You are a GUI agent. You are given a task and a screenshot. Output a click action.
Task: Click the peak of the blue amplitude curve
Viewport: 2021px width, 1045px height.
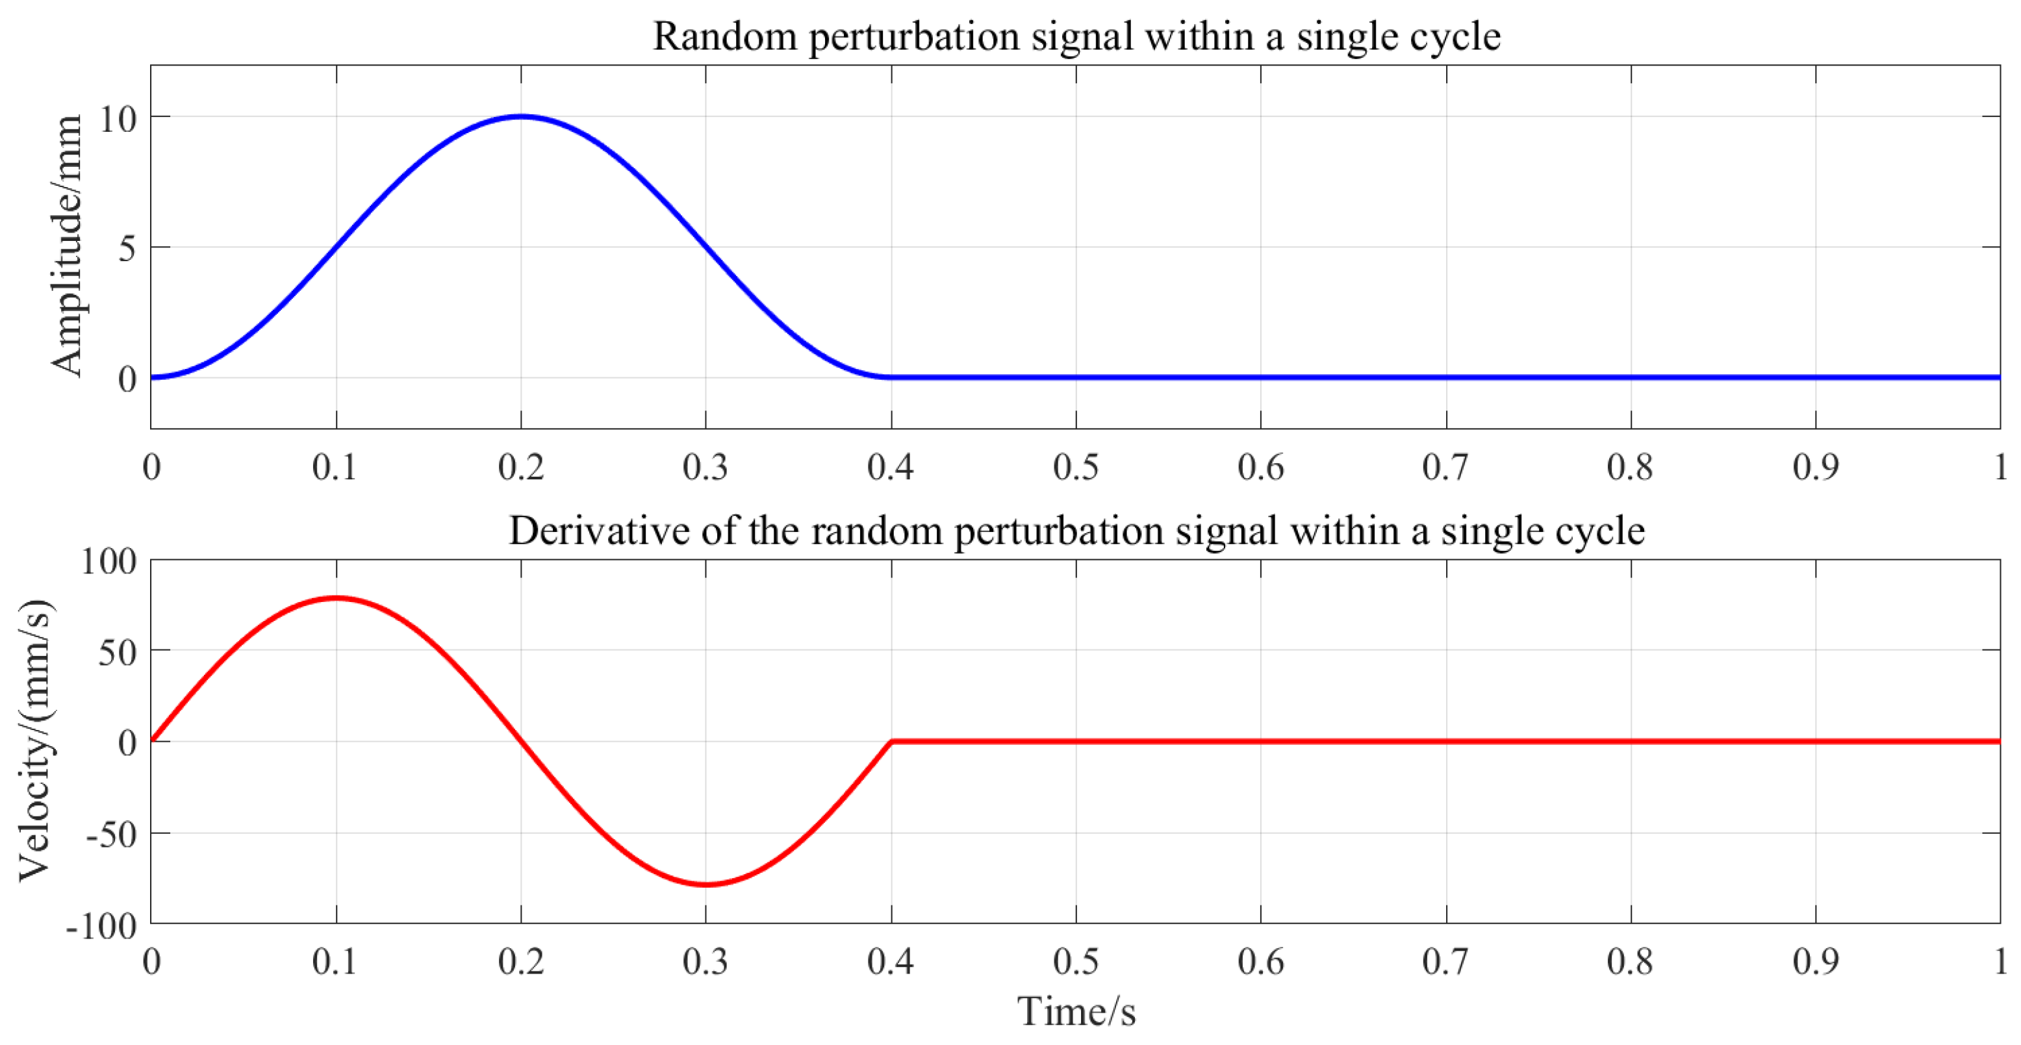[521, 116]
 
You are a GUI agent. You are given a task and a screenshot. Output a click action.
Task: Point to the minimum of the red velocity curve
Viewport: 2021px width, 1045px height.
[706, 884]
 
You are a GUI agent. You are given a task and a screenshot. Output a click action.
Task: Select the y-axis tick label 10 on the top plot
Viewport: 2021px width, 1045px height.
[118, 120]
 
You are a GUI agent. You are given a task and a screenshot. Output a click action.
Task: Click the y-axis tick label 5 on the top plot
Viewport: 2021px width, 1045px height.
[127, 249]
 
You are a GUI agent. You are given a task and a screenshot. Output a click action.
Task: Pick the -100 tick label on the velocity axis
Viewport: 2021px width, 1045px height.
[101, 927]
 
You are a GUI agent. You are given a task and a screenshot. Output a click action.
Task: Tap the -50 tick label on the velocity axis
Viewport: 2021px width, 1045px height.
[111, 835]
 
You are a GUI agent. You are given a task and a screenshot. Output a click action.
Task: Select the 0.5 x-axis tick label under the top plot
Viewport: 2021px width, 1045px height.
[1076, 468]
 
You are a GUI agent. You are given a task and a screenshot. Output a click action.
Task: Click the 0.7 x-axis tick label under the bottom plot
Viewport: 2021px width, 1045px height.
[1445, 962]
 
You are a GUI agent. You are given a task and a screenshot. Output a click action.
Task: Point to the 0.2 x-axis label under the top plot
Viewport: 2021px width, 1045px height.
[521, 468]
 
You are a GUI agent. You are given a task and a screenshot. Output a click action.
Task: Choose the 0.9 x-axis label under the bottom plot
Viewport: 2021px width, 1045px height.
[1816, 962]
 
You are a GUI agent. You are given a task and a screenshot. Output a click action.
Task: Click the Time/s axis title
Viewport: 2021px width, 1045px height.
[1076, 1011]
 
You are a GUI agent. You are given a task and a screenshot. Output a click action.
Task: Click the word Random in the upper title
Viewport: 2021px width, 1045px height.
[725, 36]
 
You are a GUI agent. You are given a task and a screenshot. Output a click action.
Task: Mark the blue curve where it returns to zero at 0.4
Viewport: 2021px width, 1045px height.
[891, 377]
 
